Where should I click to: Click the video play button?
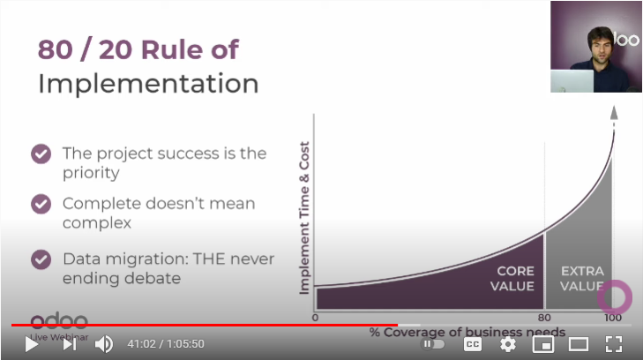(31, 344)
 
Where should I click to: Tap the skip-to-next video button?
(70, 344)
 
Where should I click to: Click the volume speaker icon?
(104, 344)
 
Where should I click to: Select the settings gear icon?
(508, 344)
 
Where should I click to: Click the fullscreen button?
(614, 344)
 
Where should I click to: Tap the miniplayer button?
(543, 344)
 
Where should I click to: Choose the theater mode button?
(579, 344)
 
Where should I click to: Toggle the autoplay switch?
(432, 344)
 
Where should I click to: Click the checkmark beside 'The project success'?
(41, 154)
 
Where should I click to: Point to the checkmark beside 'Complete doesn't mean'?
(41, 204)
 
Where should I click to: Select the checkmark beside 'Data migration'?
(41, 259)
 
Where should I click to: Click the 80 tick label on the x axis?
(544, 318)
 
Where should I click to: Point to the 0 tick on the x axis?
(315, 318)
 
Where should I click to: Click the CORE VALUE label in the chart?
(512, 279)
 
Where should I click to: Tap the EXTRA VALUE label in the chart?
(582, 279)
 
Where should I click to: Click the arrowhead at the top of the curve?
(614, 112)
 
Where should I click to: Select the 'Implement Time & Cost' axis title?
(304, 218)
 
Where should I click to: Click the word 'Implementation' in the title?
(148, 84)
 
